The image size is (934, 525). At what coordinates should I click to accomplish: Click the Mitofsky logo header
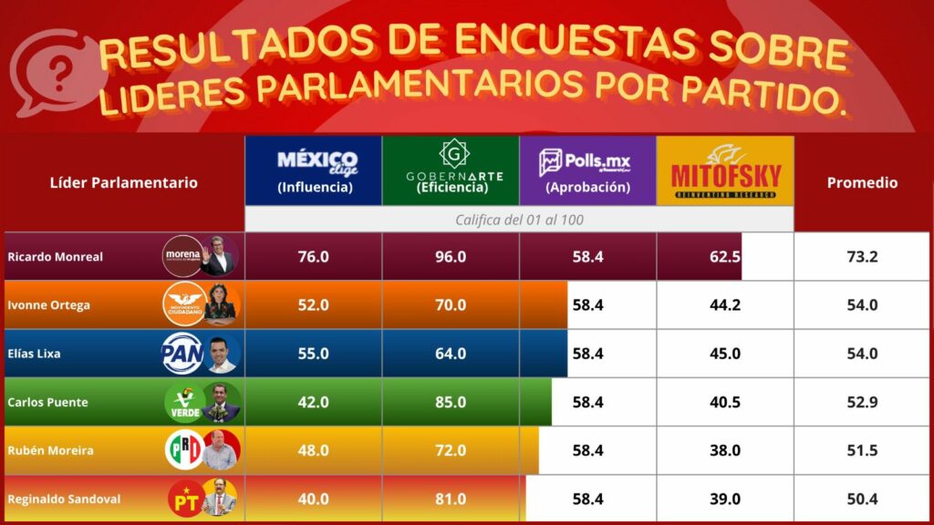(725, 170)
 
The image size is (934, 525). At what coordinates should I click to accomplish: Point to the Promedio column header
(862, 182)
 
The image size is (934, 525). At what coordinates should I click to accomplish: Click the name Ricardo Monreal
(55, 257)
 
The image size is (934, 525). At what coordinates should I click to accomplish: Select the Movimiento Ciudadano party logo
(184, 305)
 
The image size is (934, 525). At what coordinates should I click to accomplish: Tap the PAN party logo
(182, 354)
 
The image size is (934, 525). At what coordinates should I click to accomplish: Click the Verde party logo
(184, 402)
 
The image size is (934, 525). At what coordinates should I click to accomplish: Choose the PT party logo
(185, 499)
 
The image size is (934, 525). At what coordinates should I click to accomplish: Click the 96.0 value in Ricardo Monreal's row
(451, 257)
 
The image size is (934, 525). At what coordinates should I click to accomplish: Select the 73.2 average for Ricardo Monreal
(862, 257)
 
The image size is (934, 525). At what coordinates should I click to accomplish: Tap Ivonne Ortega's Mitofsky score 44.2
(725, 305)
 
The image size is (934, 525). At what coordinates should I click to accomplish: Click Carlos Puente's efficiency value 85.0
(451, 402)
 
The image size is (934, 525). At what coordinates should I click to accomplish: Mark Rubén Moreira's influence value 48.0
(313, 450)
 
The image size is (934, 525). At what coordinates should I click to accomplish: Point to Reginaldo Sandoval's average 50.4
(862, 499)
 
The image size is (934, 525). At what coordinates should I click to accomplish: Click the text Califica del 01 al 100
(519, 220)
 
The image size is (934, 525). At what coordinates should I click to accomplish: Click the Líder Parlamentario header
(123, 182)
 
